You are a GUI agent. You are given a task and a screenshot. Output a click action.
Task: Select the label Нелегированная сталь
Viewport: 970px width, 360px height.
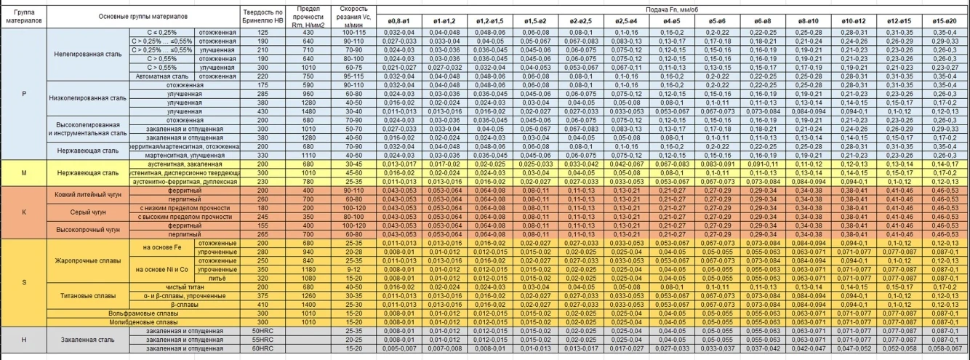87,54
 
